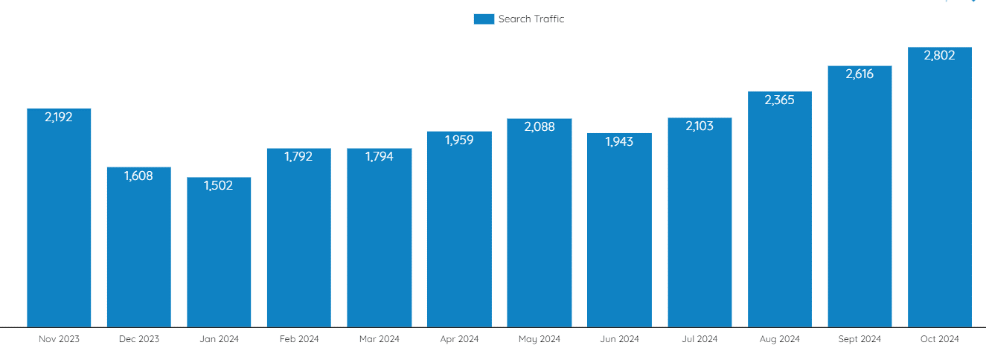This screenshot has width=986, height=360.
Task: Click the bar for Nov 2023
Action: [59, 223]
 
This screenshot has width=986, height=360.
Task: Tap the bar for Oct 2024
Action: [940, 193]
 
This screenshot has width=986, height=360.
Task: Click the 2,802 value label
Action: [940, 56]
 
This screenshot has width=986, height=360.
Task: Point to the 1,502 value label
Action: [219, 186]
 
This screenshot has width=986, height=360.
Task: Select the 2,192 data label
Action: [59, 117]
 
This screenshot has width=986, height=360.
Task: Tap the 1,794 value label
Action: [380, 157]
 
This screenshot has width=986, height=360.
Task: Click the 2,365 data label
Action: [780, 100]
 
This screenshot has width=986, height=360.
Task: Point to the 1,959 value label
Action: [459, 140]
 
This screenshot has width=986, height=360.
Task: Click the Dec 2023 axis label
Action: [139, 339]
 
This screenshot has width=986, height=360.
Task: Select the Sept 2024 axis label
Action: [859, 339]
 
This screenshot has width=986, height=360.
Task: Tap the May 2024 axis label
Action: [540, 339]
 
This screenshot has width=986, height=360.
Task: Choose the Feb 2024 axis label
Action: [299, 339]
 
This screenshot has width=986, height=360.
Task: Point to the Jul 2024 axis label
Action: [700, 339]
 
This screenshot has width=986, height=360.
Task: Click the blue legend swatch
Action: [484, 19]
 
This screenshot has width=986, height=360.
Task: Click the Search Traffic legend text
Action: [531, 19]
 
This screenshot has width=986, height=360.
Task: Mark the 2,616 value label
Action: [859, 74]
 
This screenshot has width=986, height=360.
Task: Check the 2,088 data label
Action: [540, 127]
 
